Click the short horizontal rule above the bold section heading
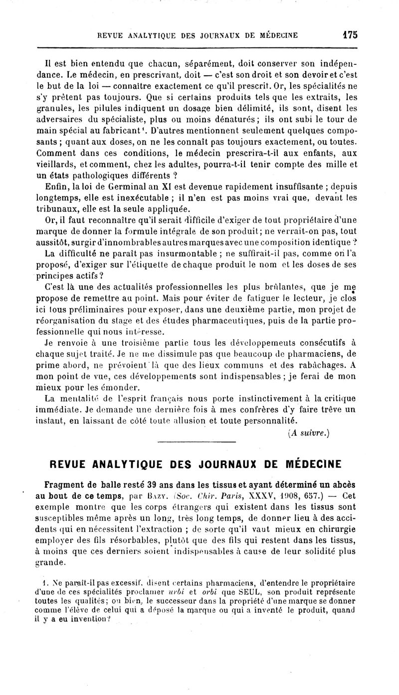196,442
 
